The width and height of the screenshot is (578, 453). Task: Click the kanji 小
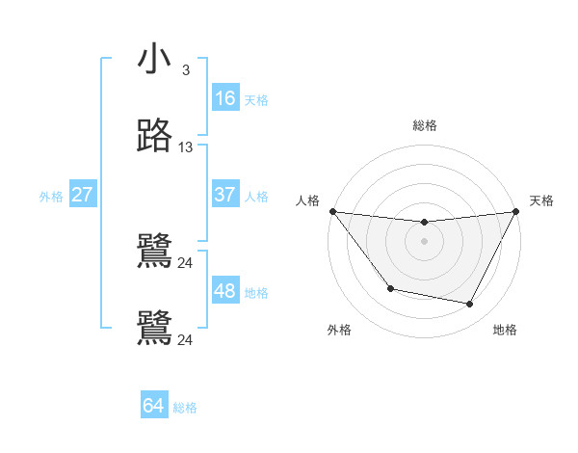[154, 60]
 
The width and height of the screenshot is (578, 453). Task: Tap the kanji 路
[154, 137]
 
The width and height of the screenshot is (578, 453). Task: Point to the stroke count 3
[186, 70]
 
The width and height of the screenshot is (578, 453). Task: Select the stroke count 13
[186, 147]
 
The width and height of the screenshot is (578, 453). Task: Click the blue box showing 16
[224, 98]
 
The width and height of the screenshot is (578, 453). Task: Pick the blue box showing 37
[224, 195]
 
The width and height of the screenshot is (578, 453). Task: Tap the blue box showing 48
[224, 291]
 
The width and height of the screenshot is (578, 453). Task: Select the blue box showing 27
[82, 195]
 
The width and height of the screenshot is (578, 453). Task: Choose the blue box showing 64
[153, 406]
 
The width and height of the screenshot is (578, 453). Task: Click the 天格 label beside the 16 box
[256, 99]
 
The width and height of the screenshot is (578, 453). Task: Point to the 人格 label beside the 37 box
[256, 196]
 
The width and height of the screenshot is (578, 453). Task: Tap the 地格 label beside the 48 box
[256, 292]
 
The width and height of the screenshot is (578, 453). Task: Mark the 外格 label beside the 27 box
[51, 196]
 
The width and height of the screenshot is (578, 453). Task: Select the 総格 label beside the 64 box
[185, 407]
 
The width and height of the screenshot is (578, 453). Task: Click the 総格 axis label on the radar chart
[424, 125]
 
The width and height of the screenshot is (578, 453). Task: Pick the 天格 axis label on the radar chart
[541, 200]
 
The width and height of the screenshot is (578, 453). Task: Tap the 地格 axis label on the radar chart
[505, 330]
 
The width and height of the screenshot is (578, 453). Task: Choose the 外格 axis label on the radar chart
[339, 330]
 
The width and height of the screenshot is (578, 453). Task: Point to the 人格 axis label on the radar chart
[307, 200]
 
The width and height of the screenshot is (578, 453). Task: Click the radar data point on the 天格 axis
[515, 211]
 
